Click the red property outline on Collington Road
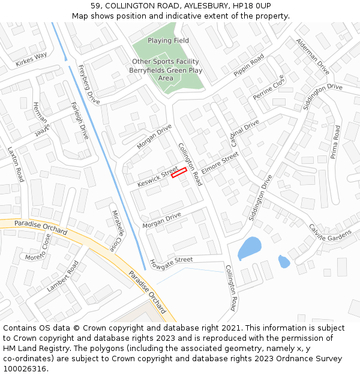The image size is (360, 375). pyautogui.click(x=179, y=173)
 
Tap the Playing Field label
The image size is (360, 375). pyautogui.click(x=168, y=41)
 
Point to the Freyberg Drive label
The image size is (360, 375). pyautogui.click(x=89, y=85)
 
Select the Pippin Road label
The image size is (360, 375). pyautogui.click(x=248, y=65)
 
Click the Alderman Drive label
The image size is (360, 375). pyautogui.click(x=313, y=56)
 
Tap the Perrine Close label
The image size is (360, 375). pyautogui.click(x=268, y=88)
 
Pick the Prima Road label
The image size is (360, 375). pyautogui.click(x=335, y=141)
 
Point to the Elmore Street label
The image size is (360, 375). pyautogui.click(x=220, y=161)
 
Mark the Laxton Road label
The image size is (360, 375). pyautogui.click(x=16, y=165)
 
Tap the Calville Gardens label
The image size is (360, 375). pyautogui.click(x=330, y=233)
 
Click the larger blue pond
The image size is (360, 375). pyautogui.click(x=250, y=247)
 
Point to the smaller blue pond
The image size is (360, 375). pyautogui.click(x=284, y=262)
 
